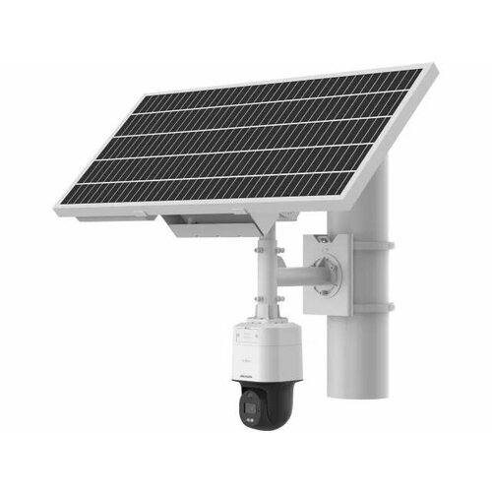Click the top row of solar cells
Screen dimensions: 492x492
(x=285, y=93)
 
